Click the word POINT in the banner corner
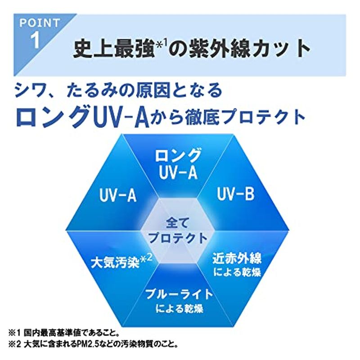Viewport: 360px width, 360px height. [x=40, y=23]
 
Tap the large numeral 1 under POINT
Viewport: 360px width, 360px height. [x=36, y=40]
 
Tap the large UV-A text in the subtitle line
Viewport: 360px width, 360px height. [x=121, y=117]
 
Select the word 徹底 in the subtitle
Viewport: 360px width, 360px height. [x=202, y=117]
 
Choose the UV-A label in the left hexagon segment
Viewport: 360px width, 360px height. [x=118, y=196]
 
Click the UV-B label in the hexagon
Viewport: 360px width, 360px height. [x=235, y=194]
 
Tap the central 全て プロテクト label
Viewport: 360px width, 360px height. [x=178, y=230]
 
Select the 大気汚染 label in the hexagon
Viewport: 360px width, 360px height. [x=115, y=262]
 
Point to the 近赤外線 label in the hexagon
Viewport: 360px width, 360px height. [x=237, y=258]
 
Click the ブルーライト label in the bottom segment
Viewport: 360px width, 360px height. [x=179, y=294]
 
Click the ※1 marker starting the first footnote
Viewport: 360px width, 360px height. [x=15, y=333]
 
